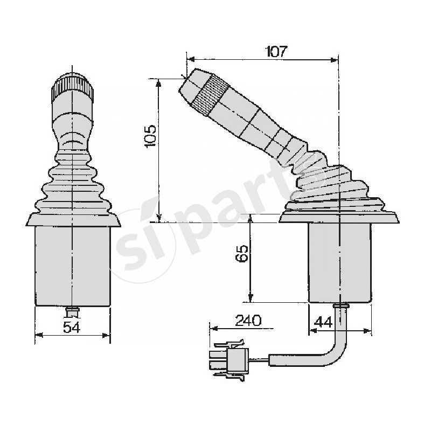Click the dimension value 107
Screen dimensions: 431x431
coord(277,52)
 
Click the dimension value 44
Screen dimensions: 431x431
coord(323,322)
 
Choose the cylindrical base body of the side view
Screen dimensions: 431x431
coord(339,262)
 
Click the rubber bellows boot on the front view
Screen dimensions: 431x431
coord(72,183)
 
